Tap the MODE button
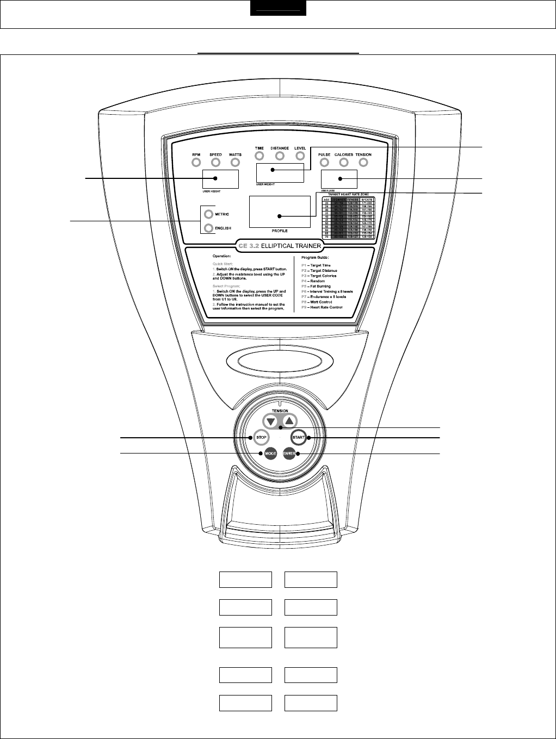(270, 454)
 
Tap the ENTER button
(289, 454)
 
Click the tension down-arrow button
(270, 421)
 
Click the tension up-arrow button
(289, 421)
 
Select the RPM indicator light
(196, 162)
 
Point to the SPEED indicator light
(215, 162)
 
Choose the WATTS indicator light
(235, 162)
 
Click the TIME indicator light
(260, 156)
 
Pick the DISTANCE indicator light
(280, 156)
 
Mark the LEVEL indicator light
(300, 156)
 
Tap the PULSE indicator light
(324, 162)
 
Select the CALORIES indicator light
(344, 162)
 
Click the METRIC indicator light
(208, 214)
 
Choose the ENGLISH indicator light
(208, 228)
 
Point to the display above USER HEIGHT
(220, 178)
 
